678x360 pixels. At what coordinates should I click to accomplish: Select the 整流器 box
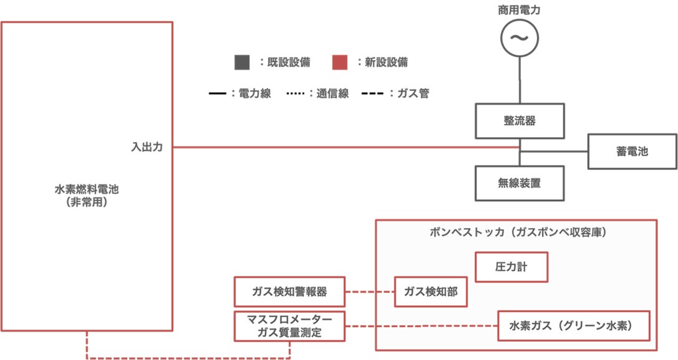coord(521,121)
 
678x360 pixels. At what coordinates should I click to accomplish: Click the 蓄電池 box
coord(631,151)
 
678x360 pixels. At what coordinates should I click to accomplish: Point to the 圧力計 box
coord(512,268)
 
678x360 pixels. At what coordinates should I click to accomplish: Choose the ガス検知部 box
coord(431,291)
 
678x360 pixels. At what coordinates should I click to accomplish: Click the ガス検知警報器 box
coord(290,291)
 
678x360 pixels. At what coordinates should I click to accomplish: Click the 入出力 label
coord(147,148)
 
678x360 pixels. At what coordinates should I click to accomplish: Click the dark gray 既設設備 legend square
coord(242,62)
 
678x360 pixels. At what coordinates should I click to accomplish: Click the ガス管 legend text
coord(411,94)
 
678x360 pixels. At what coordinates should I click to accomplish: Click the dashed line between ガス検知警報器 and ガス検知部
coord(370,291)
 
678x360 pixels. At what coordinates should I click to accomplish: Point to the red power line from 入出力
coord(343,148)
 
